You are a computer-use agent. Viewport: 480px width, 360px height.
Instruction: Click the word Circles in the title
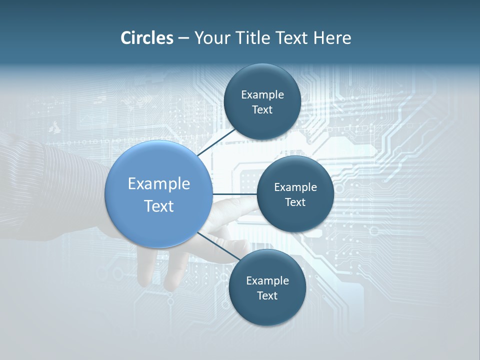[146, 38]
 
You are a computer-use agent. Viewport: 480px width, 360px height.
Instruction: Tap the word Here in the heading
[332, 38]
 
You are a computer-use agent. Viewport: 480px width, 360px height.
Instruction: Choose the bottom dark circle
[267, 312]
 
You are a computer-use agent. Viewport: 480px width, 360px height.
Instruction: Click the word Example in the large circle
[159, 184]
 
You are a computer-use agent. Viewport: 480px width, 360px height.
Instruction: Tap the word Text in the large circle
[159, 206]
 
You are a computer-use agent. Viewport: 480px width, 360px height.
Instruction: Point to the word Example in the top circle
[262, 95]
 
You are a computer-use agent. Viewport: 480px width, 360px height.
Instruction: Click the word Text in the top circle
[262, 110]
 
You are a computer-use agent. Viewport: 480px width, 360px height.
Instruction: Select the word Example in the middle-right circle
[295, 187]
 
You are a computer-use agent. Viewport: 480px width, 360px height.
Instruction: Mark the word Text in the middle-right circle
[295, 202]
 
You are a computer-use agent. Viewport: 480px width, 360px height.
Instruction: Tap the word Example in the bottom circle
[267, 281]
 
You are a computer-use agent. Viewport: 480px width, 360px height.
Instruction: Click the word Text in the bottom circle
[267, 296]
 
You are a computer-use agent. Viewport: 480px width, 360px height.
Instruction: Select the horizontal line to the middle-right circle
[234, 194]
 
